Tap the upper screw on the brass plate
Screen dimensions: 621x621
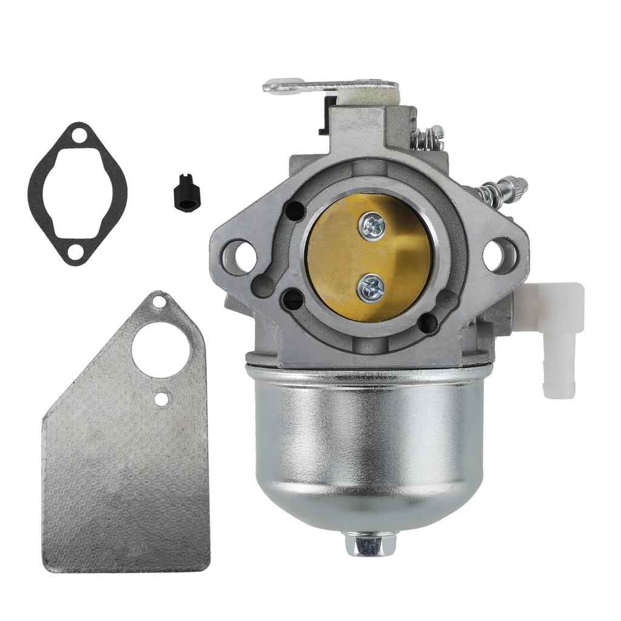coord(371,227)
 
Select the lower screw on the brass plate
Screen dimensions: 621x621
coord(371,287)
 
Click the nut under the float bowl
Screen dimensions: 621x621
coord(370,543)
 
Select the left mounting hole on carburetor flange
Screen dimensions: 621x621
coord(238,256)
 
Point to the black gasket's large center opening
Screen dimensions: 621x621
coord(78,193)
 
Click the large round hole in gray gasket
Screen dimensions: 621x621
coord(161,350)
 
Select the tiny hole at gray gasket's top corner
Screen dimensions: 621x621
coord(159,301)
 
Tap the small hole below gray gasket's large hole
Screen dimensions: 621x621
coord(161,398)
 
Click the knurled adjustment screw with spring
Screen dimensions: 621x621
coord(503,189)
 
